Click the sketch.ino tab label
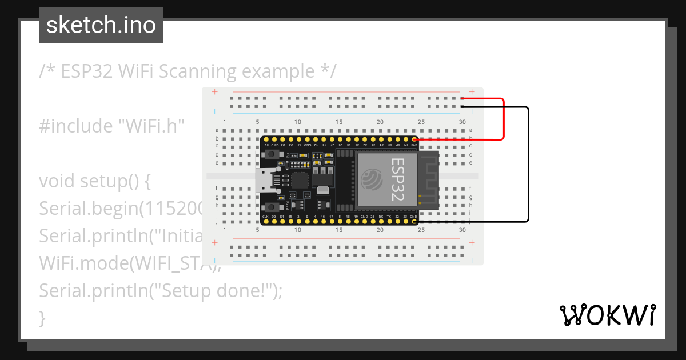tap(101, 25)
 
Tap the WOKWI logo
tap(607, 315)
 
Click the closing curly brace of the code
tap(42, 318)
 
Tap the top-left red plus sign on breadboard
tap(214, 92)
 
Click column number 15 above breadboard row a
tap(339, 122)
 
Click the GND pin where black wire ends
tap(414, 221)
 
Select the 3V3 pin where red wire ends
tap(414, 139)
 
